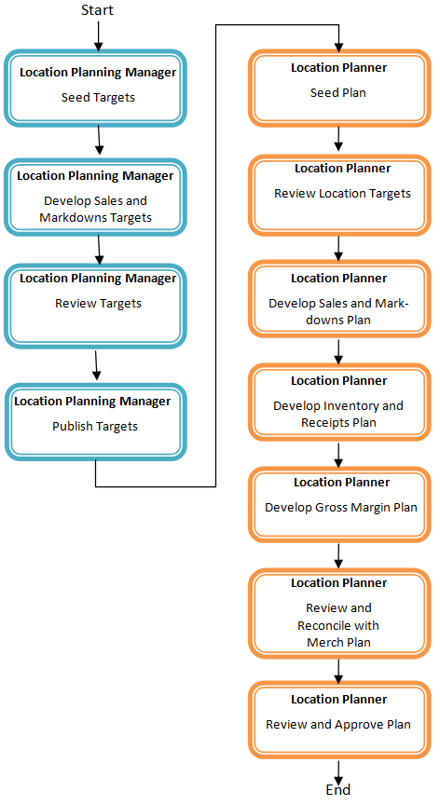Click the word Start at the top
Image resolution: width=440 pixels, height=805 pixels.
point(99,10)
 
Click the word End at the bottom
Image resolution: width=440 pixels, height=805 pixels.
point(338,789)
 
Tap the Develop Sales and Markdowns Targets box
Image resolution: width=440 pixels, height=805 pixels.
point(96,197)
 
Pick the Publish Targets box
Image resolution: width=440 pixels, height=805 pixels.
point(96,420)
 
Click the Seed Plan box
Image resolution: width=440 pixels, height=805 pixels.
point(338,88)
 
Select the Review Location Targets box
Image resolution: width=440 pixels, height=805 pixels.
point(340,195)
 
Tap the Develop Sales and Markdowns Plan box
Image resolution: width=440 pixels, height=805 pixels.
point(338,299)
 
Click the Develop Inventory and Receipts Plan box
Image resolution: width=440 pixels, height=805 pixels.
point(338,402)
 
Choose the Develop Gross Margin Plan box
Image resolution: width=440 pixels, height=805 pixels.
point(340,503)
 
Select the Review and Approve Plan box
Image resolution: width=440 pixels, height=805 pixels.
point(338,718)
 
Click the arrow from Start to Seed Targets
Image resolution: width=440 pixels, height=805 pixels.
point(99,35)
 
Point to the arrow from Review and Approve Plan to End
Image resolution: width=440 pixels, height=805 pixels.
point(338,768)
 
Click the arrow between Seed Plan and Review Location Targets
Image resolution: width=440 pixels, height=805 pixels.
point(338,141)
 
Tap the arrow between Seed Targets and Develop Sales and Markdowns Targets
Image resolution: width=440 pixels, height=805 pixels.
point(98,141)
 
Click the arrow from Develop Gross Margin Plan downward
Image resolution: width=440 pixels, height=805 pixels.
point(338,554)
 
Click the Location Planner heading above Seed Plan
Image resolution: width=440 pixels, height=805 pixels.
point(338,68)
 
